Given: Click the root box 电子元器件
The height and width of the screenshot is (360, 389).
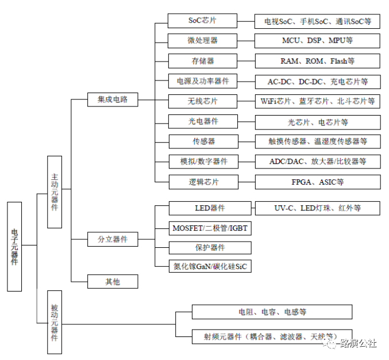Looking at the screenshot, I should click(x=15, y=246).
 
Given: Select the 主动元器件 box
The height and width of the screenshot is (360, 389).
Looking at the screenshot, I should click(x=55, y=191).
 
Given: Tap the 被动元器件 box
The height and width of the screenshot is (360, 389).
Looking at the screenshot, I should click(x=55, y=322).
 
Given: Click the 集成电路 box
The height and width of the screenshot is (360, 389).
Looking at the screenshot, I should click(x=113, y=99).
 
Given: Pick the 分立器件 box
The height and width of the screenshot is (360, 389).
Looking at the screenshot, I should click(x=113, y=239).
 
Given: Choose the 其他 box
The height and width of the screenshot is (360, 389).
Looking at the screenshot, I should click(x=113, y=281).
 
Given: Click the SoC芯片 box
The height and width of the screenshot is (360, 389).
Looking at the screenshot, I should click(x=202, y=21).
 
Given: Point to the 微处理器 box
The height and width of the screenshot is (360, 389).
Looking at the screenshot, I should click(x=202, y=41).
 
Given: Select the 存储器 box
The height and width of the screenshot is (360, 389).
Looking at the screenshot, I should click(x=202, y=61).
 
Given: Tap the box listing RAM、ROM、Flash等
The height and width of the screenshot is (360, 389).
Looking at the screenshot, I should click(x=317, y=61).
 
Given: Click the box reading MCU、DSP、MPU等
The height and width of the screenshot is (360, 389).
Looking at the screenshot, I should click(x=317, y=41).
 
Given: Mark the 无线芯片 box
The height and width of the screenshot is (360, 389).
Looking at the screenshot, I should click(x=202, y=101).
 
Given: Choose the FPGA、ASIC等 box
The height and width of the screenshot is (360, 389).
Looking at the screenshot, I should click(x=317, y=182).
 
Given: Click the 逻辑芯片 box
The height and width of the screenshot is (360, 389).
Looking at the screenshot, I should click(x=202, y=182).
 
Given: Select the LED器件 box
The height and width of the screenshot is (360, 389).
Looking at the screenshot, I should click(x=210, y=208).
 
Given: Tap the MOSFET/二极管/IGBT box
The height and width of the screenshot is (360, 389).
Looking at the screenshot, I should click(x=210, y=228).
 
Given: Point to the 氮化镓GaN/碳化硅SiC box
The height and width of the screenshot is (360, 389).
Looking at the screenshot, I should click(x=210, y=266).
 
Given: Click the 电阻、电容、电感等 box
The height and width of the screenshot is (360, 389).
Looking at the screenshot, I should click(x=272, y=312).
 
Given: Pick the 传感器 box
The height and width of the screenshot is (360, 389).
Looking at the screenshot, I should click(x=202, y=141).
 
